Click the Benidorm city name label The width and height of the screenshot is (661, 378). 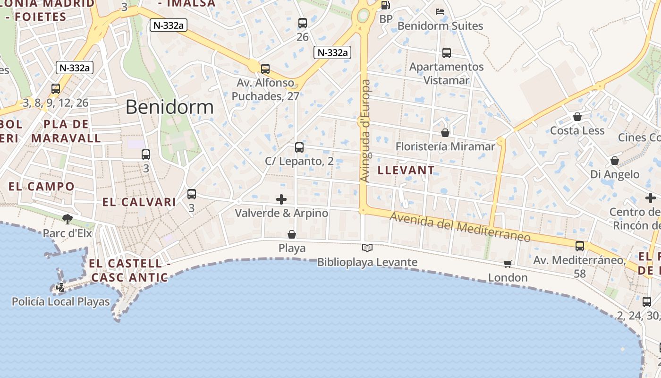pos(169,107)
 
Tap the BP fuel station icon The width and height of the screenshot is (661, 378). pos(386,5)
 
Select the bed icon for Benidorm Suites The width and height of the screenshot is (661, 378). pos(440,12)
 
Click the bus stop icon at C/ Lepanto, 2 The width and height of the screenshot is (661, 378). pos(299,147)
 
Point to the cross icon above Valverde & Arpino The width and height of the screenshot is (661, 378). pos(281,199)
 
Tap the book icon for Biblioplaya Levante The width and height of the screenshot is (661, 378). pos(367,248)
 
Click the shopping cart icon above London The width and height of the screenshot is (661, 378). pos(508,264)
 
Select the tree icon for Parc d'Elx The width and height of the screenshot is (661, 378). pos(68,219)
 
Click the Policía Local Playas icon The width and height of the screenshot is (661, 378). pos(60,287)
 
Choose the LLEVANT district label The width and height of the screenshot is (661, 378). pos(406,170)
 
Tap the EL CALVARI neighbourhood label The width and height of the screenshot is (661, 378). pos(139,202)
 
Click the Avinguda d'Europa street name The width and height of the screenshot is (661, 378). pos(365,131)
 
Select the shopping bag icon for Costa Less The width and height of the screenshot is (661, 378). pos(577,117)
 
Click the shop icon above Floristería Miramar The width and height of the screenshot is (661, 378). pos(445,133)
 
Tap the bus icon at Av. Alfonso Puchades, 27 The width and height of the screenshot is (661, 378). pos(265,69)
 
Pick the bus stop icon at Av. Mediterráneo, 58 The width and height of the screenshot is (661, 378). pos(580,246)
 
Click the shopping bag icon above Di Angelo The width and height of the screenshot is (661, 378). pos(615,161)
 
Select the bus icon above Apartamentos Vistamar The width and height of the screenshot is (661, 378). pos(447,53)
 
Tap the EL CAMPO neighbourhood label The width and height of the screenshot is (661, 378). pos(42,186)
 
